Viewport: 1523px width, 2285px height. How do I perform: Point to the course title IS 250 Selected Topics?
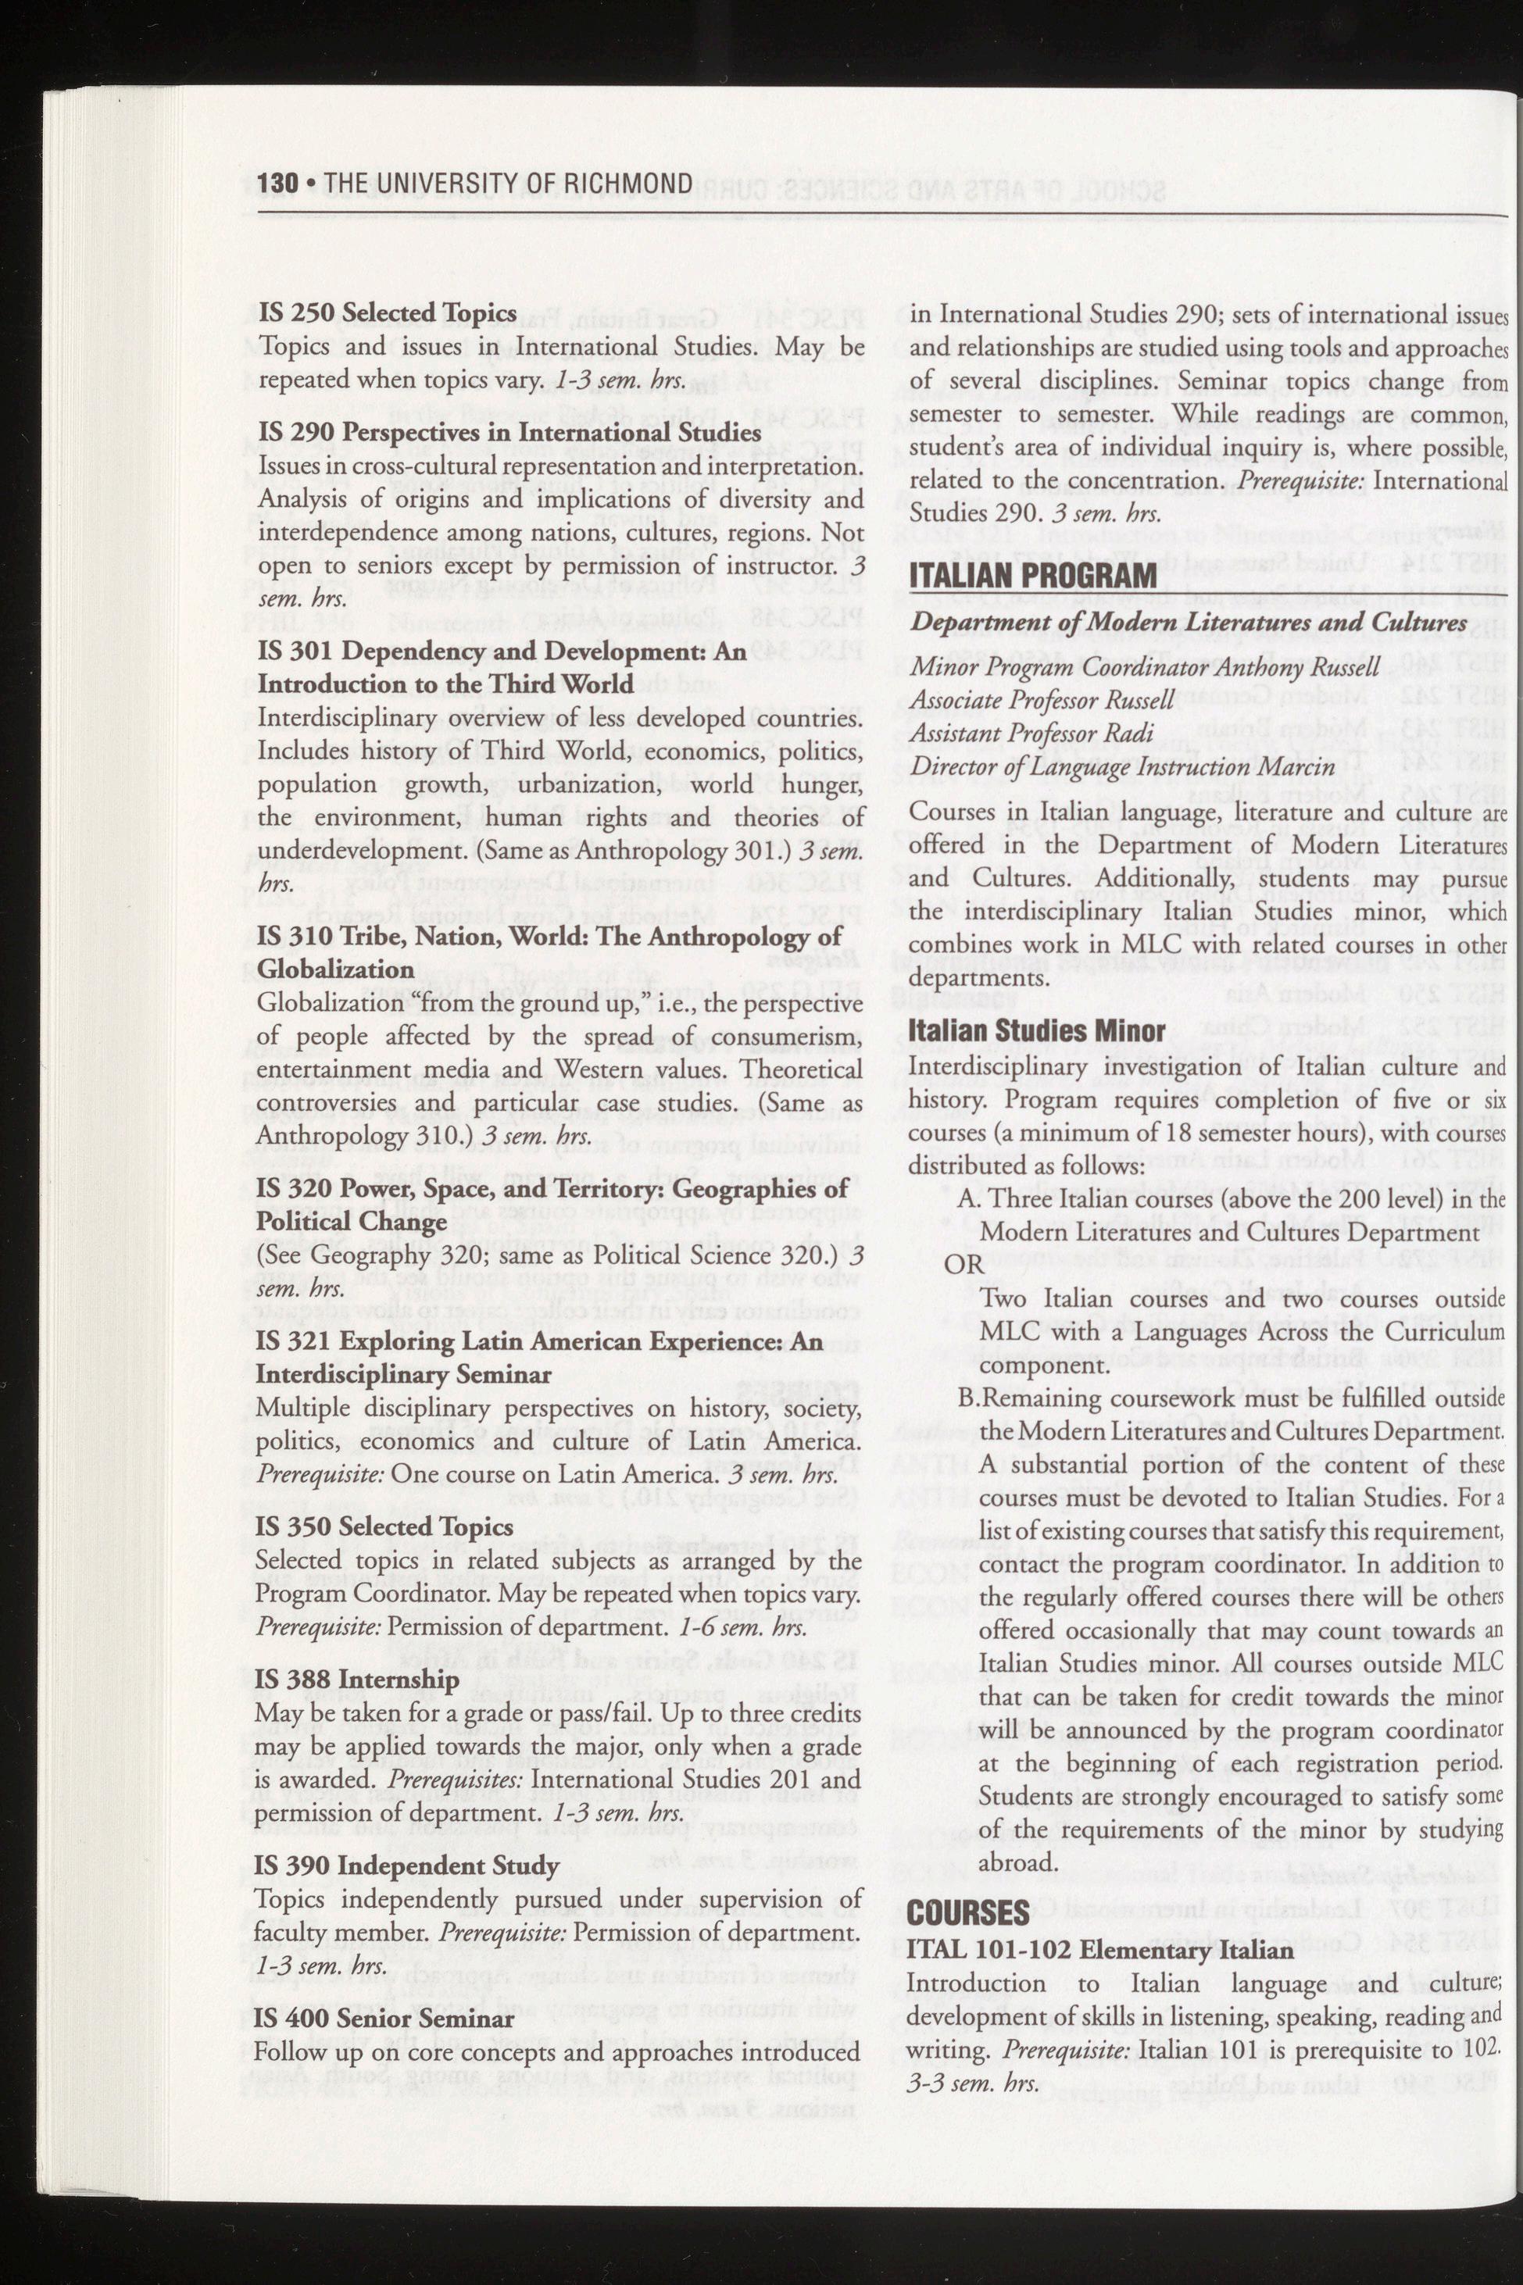pos(387,312)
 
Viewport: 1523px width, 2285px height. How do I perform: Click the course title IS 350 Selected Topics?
pos(384,1526)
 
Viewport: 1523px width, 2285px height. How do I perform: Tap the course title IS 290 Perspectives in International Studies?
pos(508,432)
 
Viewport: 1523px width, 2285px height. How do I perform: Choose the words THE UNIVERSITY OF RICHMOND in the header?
pos(508,184)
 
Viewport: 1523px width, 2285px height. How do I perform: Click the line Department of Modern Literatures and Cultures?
pos(1187,623)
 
